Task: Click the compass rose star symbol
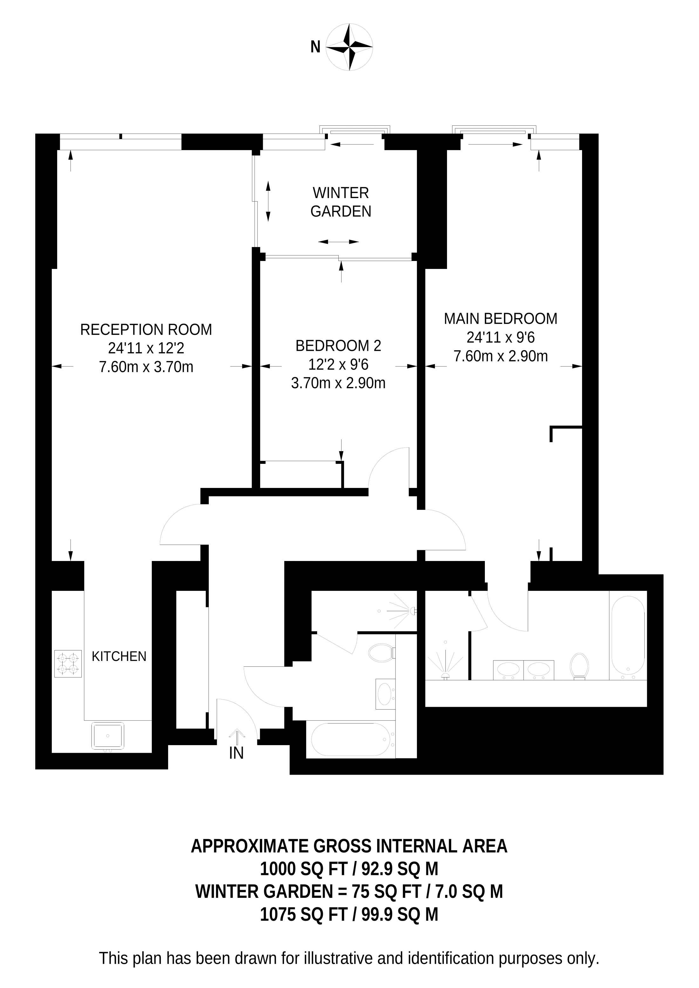click(349, 47)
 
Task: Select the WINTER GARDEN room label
click(341, 202)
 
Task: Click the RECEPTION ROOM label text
click(146, 330)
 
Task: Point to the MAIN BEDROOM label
click(500, 318)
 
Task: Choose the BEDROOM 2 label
click(338, 345)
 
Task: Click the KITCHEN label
click(119, 656)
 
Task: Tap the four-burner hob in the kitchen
click(68, 664)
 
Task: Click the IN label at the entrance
click(236, 753)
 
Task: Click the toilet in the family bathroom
click(382, 653)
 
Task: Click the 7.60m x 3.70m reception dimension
click(146, 367)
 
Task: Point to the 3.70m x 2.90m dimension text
click(338, 383)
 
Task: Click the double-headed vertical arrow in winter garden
click(268, 201)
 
